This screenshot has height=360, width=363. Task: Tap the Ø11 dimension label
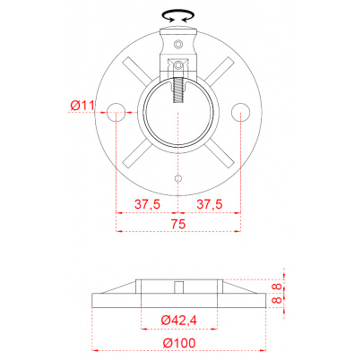(82, 106)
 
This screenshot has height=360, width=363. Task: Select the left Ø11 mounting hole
(116, 112)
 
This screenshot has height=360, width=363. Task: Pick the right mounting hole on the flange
(240, 112)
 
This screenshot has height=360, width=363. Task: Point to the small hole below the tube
(178, 178)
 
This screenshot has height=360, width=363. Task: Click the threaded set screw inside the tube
(178, 90)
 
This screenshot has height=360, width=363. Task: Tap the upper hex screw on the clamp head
(178, 44)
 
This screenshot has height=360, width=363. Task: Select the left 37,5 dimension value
(147, 204)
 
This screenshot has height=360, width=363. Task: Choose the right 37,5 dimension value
(210, 204)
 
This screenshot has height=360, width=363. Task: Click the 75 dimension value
(178, 224)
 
